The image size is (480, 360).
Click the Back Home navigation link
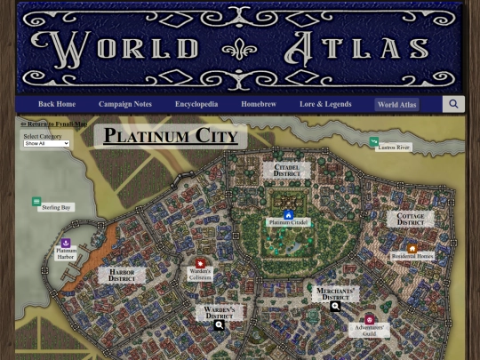pyautogui.click(x=57, y=104)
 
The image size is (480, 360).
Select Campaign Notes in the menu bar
pyautogui.click(x=125, y=104)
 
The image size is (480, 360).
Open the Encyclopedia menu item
pyautogui.click(x=196, y=104)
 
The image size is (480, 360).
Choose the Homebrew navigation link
pyautogui.click(x=258, y=104)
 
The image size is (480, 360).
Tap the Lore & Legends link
pyautogui.click(x=325, y=104)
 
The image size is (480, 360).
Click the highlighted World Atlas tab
pyautogui.click(x=396, y=104)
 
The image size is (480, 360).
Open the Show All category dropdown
pyautogui.click(x=46, y=143)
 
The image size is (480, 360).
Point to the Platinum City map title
pyautogui.click(x=171, y=136)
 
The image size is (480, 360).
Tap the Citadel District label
pyautogui.click(x=286, y=170)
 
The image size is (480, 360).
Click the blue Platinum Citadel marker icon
pyautogui.click(x=289, y=214)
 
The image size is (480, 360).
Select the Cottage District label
pyautogui.click(x=411, y=219)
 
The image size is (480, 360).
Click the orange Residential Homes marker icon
pyautogui.click(x=412, y=249)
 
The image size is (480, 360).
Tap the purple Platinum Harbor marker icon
pyautogui.click(x=66, y=243)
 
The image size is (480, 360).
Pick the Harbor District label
pyautogui.click(x=122, y=276)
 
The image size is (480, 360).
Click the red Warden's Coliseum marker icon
pyautogui.click(x=200, y=263)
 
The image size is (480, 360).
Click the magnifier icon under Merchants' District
pyautogui.click(x=335, y=307)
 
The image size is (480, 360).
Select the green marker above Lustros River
pyautogui.click(x=374, y=141)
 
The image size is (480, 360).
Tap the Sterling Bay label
pyautogui.click(x=55, y=207)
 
